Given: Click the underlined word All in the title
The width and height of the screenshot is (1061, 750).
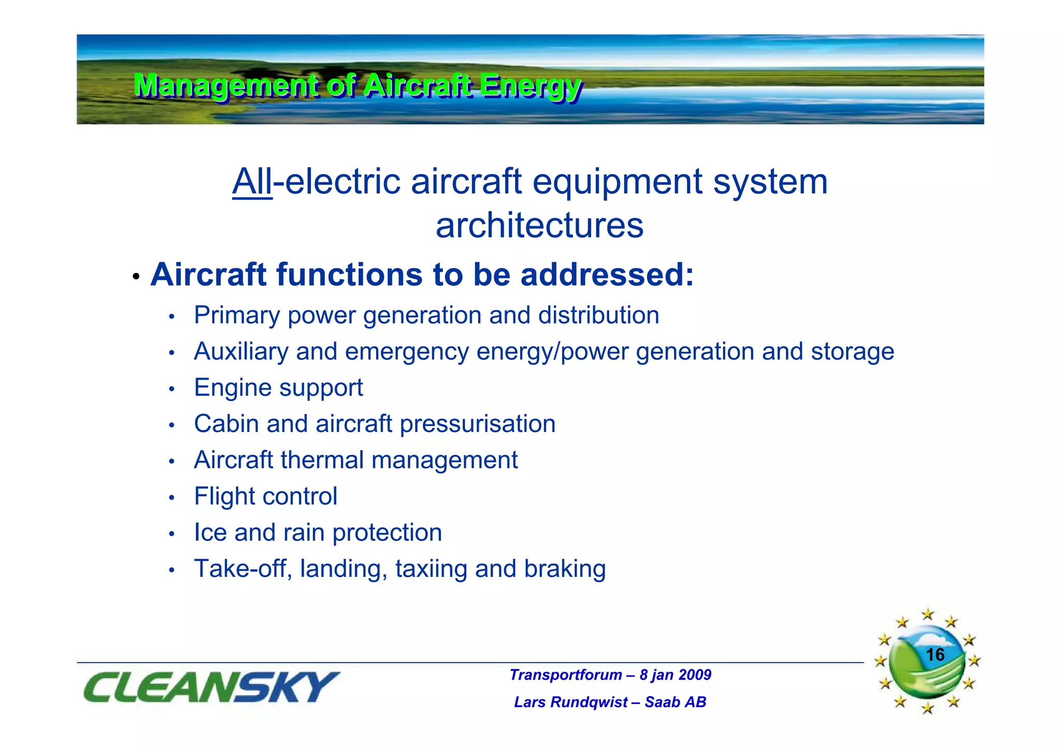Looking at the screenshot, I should click(252, 182).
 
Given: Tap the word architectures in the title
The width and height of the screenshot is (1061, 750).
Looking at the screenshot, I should click(539, 226).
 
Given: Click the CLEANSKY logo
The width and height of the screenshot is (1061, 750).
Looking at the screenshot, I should click(211, 687).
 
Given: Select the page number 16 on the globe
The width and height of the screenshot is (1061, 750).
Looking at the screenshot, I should click(935, 655).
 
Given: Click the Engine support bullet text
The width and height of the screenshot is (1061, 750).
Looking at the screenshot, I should click(278, 388).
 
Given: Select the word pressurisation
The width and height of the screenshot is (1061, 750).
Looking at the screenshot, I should click(477, 424).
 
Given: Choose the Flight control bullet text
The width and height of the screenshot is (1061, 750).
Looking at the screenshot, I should click(265, 497).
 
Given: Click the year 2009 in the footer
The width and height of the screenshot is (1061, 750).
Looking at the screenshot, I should click(694, 675).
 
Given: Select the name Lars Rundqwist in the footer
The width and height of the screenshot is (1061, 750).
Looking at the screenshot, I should click(571, 702).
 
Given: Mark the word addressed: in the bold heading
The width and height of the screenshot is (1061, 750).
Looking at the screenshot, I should click(607, 275).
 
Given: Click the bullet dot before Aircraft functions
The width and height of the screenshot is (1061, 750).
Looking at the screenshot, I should click(136, 277).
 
